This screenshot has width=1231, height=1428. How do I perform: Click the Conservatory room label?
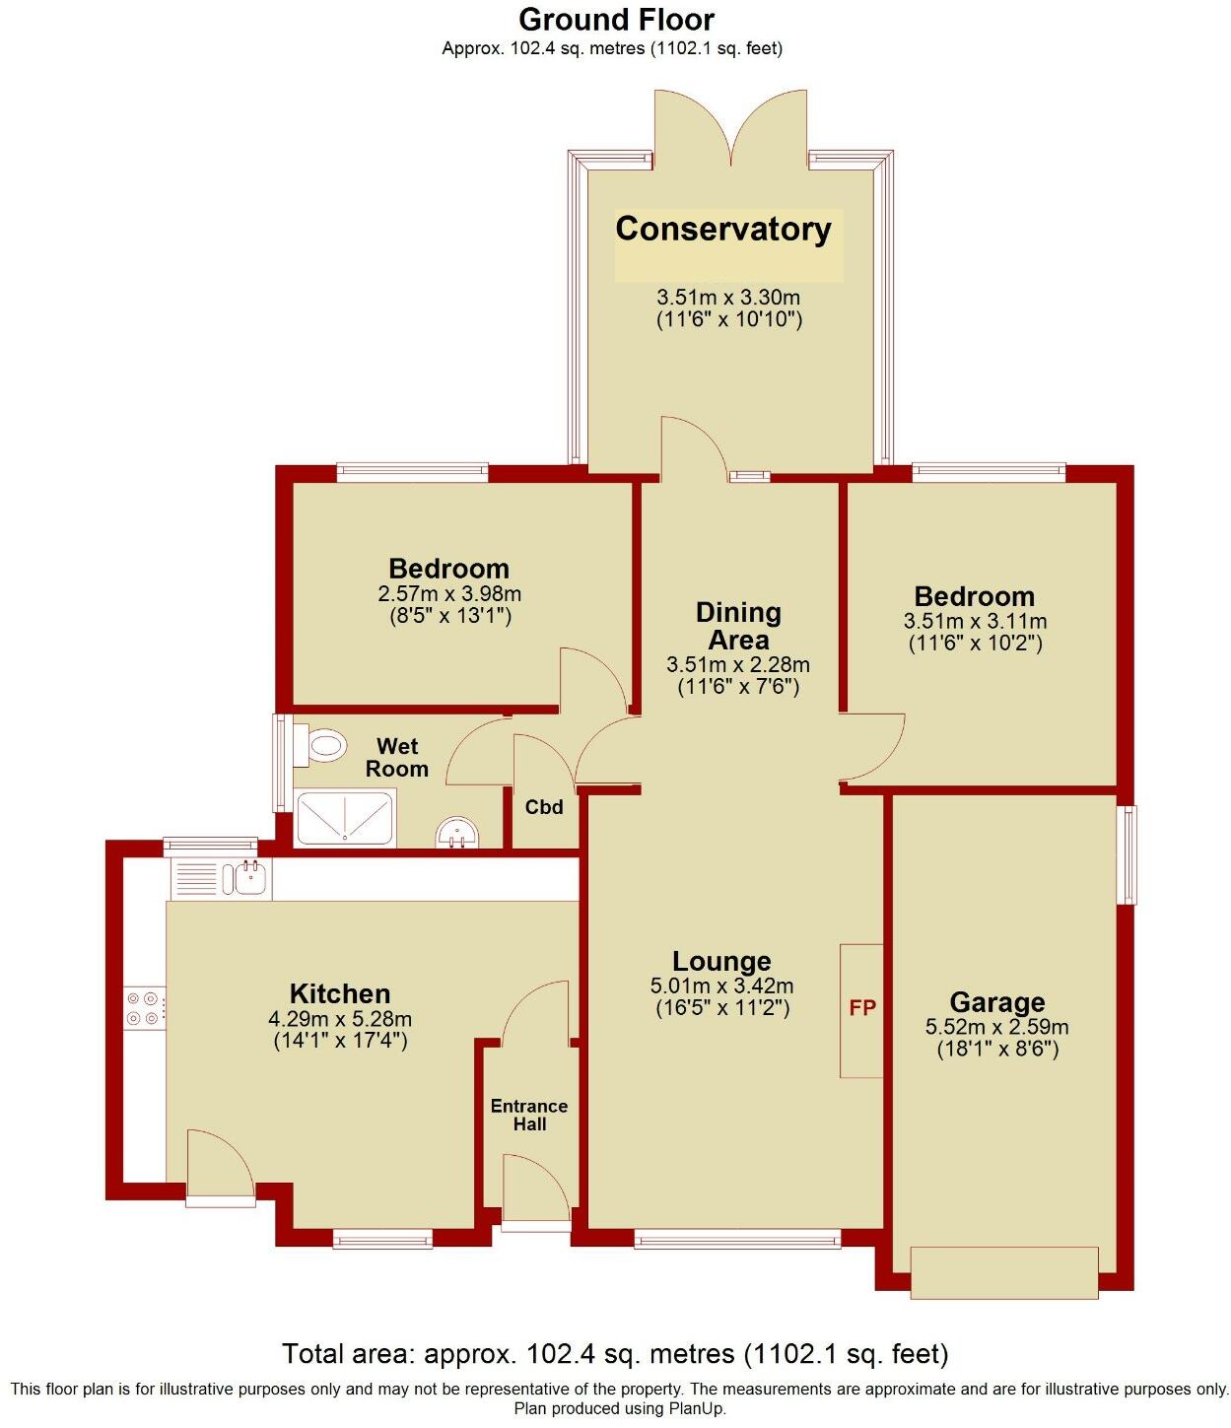(723, 230)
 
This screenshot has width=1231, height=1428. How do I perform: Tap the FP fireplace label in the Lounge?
(862, 1008)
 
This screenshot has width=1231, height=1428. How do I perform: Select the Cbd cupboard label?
(544, 807)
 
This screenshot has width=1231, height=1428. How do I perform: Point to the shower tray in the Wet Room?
(346, 820)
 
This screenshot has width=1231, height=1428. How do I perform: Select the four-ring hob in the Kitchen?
(144, 1008)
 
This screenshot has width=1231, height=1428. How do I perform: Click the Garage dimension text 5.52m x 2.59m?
(996, 1027)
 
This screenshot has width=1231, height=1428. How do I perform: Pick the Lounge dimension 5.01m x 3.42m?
(722, 986)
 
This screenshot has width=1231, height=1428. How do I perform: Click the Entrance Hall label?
(529, 1115)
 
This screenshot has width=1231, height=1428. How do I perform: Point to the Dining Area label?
(738, 626)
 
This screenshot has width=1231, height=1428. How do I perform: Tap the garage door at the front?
(1003, 1272)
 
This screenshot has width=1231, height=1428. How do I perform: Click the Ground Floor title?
(616, 20)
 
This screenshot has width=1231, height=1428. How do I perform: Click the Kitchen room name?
(340, 993)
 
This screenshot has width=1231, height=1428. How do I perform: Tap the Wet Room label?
(397, 758)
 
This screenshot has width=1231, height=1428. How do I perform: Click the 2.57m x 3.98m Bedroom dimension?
(449, 594)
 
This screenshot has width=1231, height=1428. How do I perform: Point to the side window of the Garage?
(1126, 854)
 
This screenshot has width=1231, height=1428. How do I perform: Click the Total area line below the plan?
(615, 1353)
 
